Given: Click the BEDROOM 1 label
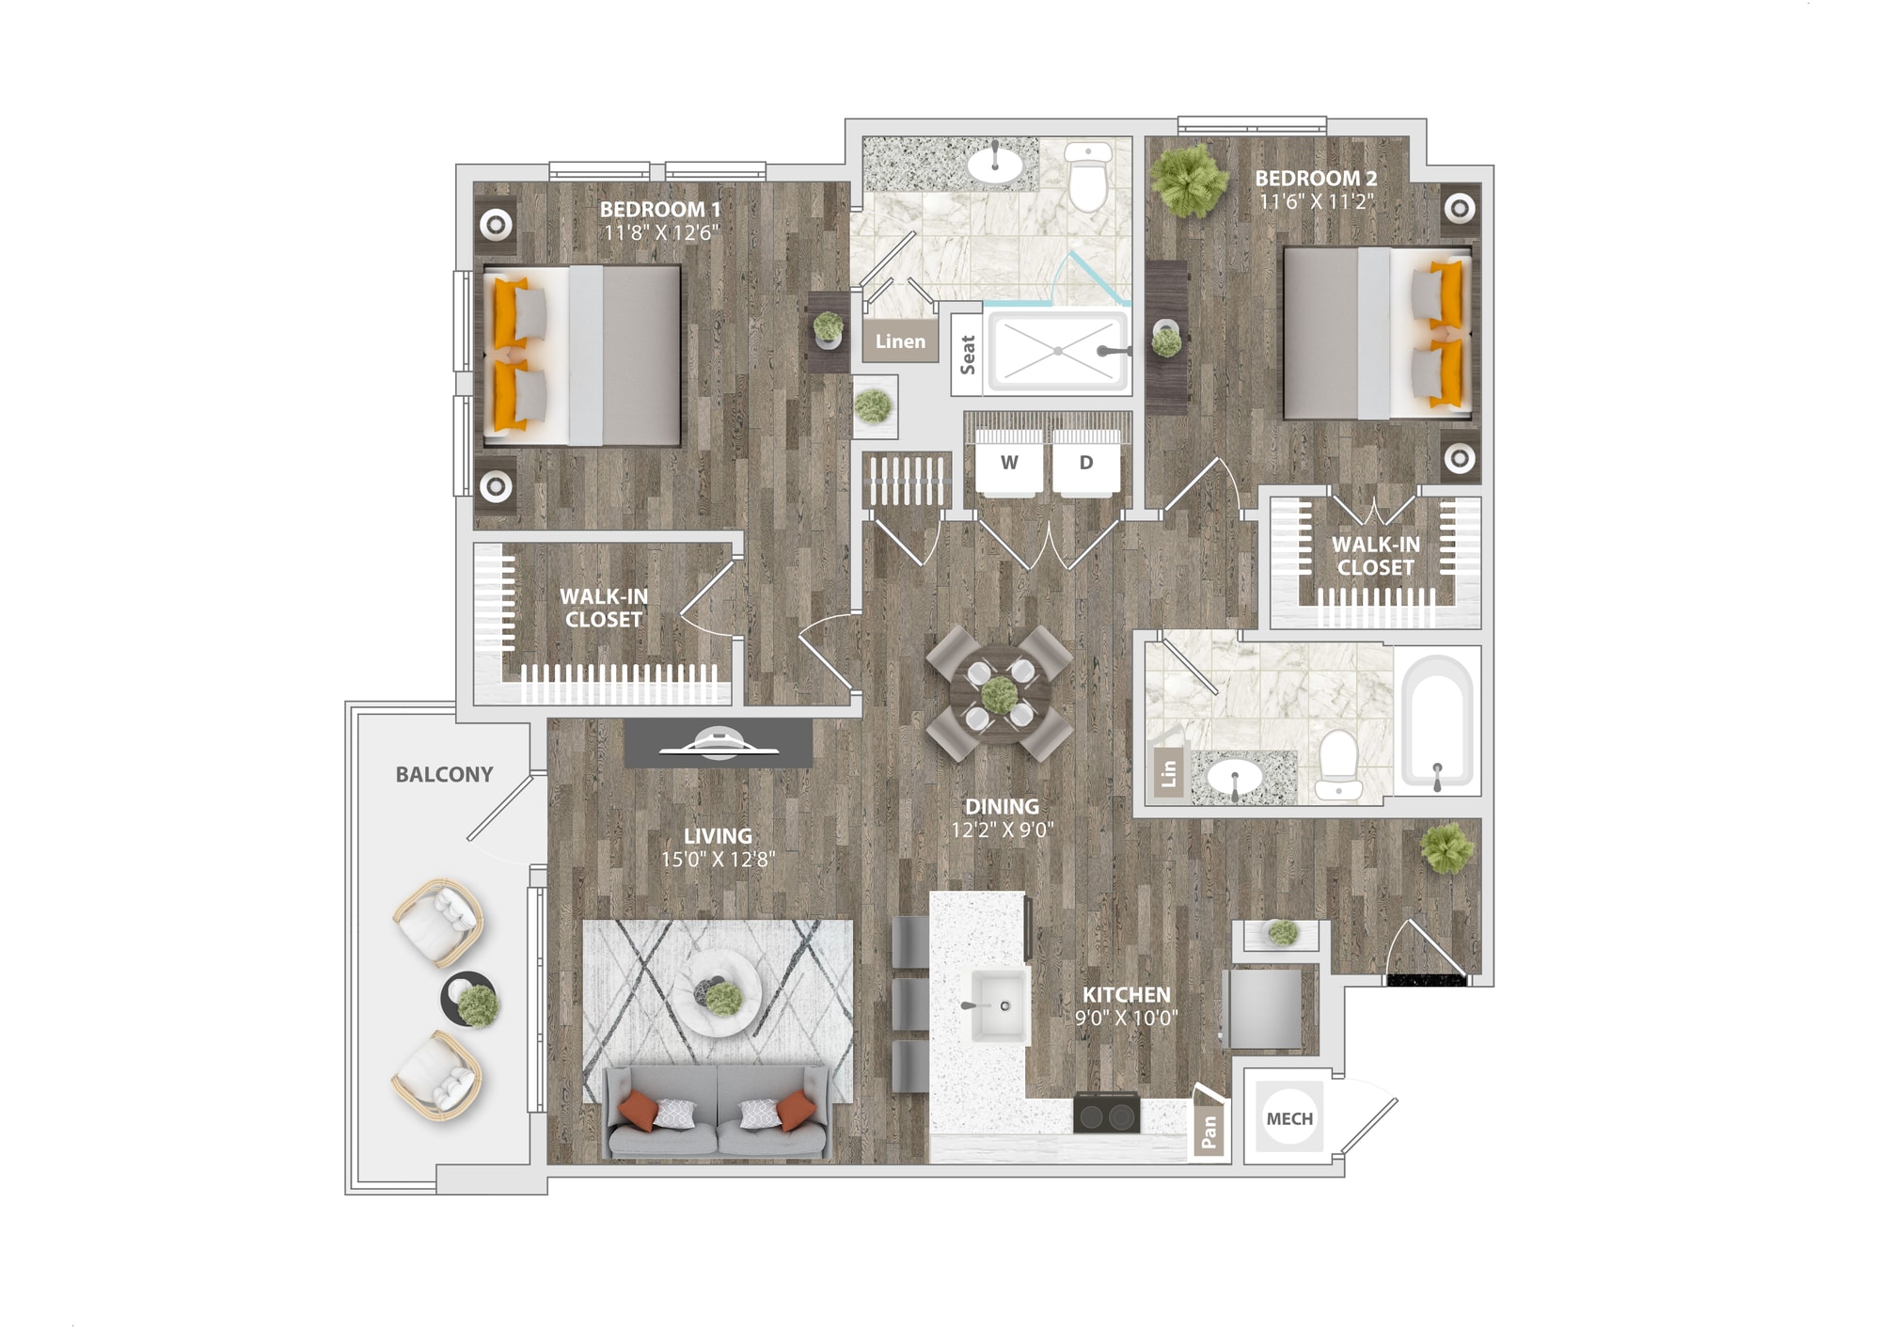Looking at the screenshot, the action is [660, 209].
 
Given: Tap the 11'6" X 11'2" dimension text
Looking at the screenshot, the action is [1317, 201].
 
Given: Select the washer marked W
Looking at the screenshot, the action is [1009, 463].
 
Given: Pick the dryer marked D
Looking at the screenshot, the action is [1086, 463].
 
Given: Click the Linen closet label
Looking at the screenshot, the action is [900, 341].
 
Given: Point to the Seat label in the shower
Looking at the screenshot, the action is [968, 355].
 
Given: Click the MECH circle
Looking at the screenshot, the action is [1289, 1118].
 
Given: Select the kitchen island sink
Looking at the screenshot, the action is [1000, 1005].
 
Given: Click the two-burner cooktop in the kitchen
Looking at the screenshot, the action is [1107, 1115].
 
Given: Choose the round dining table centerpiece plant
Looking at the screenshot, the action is [999, 695].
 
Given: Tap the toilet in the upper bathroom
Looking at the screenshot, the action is [1089, 178].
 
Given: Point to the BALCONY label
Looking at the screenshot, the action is [444, 774].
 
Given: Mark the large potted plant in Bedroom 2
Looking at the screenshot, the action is [1190, 180].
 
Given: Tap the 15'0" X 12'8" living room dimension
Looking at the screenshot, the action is [718, 859].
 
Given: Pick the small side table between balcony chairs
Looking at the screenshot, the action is [468, 999].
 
